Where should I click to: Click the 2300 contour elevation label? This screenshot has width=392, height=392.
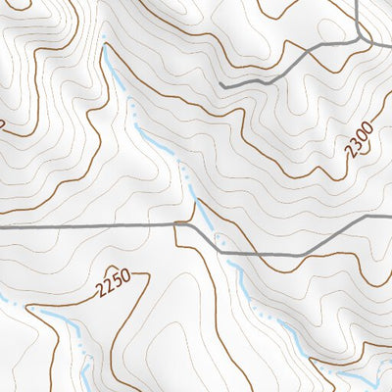pyautogui.click(x=361, y=139)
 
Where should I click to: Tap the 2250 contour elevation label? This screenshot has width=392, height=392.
pyautogui.click(x=114, y=286)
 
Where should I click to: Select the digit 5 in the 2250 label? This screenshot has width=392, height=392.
pyautogui.click(x=118, y=283)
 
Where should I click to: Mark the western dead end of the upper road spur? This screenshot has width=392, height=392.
pyautogui.click(x=222, y=86)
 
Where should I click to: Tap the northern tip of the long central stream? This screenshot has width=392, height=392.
pyautogui.click(x=102, y=39)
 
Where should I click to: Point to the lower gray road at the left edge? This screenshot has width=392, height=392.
pyautogui.click(x=3, y=225)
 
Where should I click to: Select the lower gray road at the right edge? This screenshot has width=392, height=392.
pyautogui.click(x=388, y=219)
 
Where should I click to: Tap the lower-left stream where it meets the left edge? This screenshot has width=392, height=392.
pyautogui.click(x=3, y=299)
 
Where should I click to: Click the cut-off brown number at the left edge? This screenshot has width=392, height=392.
pyautogui.click(x=3, y=122)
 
